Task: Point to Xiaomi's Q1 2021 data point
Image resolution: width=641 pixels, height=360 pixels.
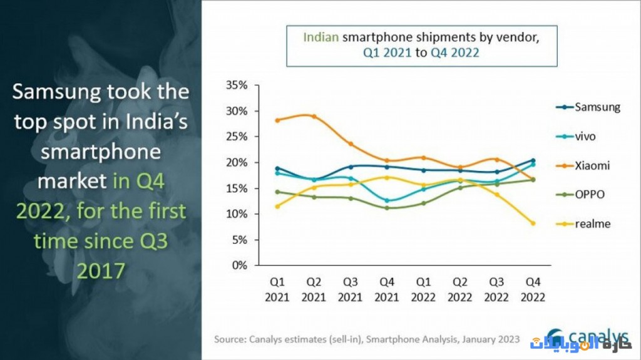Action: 277,120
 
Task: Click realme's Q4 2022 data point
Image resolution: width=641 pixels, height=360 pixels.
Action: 533,223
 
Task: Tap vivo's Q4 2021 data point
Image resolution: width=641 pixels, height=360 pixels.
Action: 386,200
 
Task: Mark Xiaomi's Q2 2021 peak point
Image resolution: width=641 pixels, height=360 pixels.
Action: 313,116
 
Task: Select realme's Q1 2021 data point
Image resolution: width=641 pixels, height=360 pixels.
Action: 277,206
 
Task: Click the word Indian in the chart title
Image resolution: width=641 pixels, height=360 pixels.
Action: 321,37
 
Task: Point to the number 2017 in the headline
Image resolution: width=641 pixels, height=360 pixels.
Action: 100,270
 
